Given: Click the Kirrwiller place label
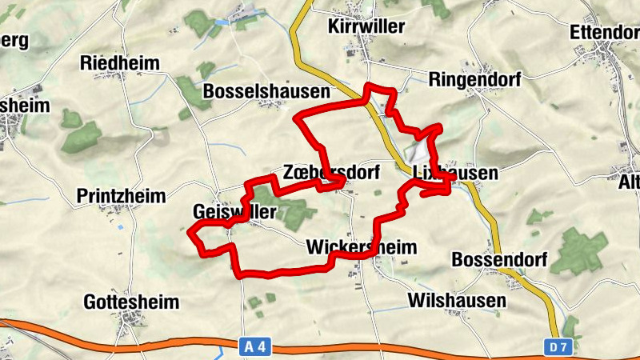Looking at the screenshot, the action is [x=366, y=26].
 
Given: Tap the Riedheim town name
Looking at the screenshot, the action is [x=120, y=63].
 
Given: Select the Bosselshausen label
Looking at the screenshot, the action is [x=266, y=91].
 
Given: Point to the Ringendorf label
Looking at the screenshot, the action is [x=475, y=80].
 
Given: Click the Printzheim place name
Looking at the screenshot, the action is [x=121, y=196].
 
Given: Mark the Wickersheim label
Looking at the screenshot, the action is [x=362, y=247].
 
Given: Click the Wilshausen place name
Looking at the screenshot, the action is [x=457, y=301].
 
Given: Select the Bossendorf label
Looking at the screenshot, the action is [x=499, y=260].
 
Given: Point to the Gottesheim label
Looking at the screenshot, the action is [x=131, y=302].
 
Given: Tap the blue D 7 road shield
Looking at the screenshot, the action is [x=558, y=346].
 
